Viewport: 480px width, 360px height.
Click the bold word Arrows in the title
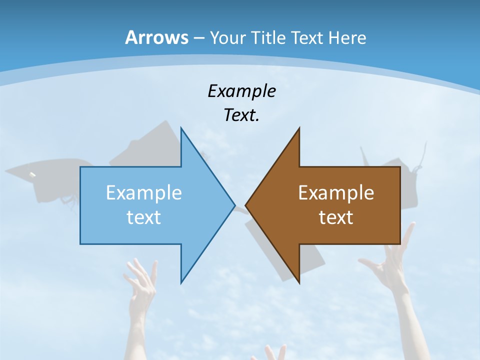156,37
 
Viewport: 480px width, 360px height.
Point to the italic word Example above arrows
241,91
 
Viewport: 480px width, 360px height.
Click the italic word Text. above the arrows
241,115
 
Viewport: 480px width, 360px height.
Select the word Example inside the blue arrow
144,192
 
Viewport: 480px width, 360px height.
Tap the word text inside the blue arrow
144,217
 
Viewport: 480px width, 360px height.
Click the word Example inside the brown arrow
336,192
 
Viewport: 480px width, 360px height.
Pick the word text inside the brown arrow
336,217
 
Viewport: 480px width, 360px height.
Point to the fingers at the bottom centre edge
272,352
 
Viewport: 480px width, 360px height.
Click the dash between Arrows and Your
198,38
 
